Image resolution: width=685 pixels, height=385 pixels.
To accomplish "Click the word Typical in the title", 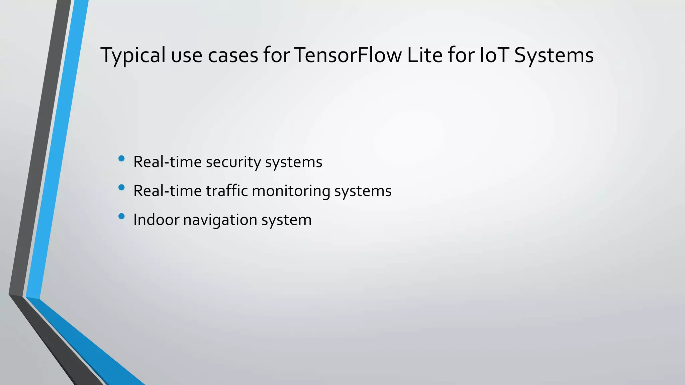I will (x=133, y=55).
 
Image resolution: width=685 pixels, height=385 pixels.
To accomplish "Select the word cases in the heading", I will (x=233, y=55).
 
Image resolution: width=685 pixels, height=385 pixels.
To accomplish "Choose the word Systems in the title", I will (x=554, y=55).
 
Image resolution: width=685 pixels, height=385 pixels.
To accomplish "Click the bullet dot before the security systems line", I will (x=121, y=158).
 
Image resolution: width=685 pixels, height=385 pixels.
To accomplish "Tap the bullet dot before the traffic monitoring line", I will (x=121, y=187).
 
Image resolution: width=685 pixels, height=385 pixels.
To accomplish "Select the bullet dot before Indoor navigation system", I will (x=121, y=217).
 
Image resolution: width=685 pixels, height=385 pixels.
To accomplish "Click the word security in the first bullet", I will (x=233, y=162).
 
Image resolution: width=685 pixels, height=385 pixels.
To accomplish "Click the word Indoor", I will (x=156, y=220).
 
